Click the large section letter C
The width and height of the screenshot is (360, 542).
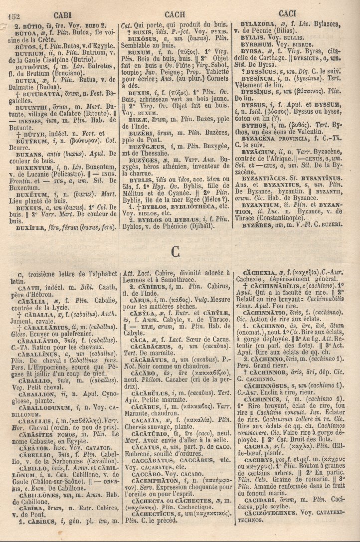175,252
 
